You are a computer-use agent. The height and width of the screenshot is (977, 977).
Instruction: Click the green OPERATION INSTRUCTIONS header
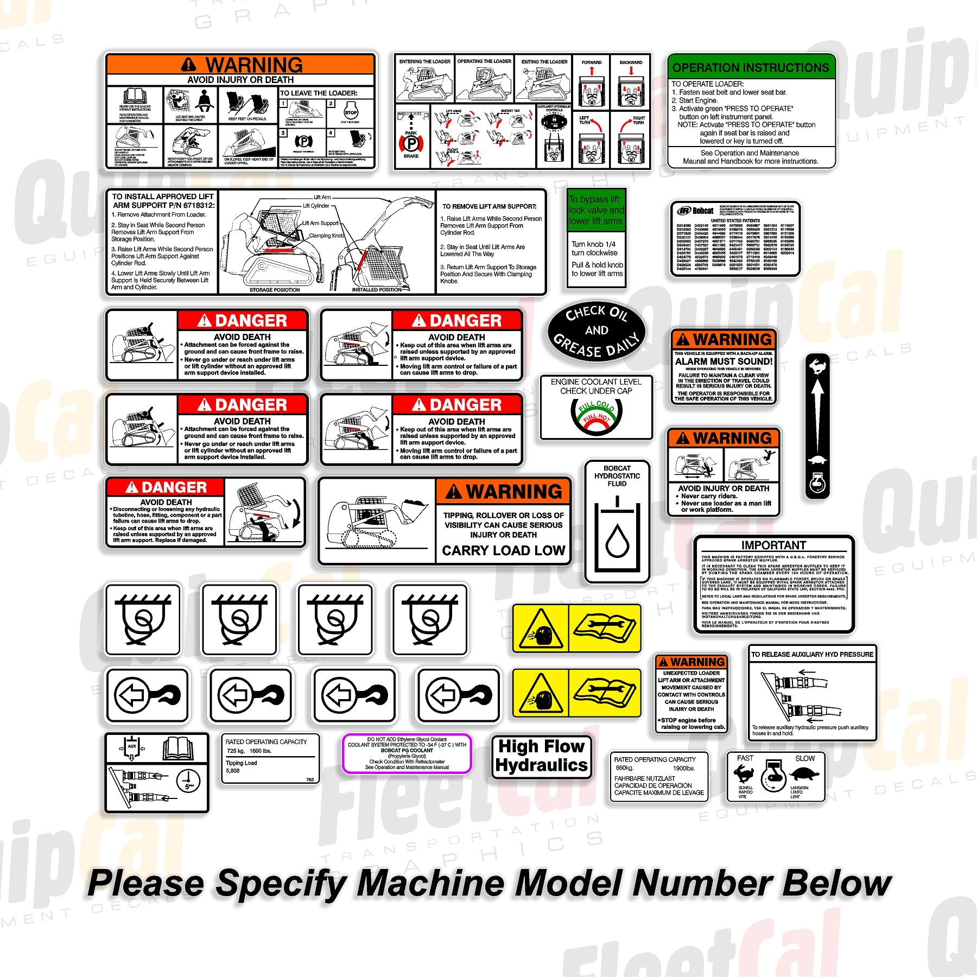(x=751, y=67)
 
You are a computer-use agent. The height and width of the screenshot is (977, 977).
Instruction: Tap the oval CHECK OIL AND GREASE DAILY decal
(x=596, y=330)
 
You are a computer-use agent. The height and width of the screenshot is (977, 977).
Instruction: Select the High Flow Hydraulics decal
(x=541, y=756)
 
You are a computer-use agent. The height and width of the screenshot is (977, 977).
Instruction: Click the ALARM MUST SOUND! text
(x=724, y=361)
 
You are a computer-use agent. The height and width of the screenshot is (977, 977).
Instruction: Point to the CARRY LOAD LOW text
(x=503, y=550)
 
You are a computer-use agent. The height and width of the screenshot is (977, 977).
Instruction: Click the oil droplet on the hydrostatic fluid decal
(x=617, y=541)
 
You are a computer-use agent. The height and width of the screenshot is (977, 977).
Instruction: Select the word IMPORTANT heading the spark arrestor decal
(x=773, y=544)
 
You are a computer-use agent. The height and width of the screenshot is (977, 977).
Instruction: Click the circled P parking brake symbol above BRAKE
(x=411, y=143)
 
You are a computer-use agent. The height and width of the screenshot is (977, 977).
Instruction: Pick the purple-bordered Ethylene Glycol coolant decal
(x=407, y=753)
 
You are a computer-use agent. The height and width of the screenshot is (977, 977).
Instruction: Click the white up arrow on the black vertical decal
(x=818, y=413)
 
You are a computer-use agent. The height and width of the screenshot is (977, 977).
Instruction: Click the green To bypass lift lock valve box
(x=596, y=210)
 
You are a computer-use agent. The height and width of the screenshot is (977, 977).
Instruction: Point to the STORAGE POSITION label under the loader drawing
(x=274, y=290)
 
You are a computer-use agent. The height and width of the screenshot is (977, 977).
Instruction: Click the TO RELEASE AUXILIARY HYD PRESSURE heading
(x=812, y=654)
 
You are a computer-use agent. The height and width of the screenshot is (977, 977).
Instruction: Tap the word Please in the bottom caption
(x=145, y=883)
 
